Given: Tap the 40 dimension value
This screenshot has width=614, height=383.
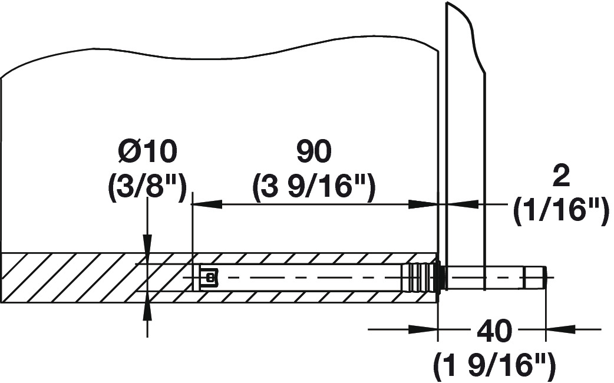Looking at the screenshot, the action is tap(494, 331).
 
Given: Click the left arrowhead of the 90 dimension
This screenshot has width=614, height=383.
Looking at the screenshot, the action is tap(207, 204).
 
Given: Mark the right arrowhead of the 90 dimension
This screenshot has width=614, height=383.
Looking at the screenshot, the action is tap(423, 204).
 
